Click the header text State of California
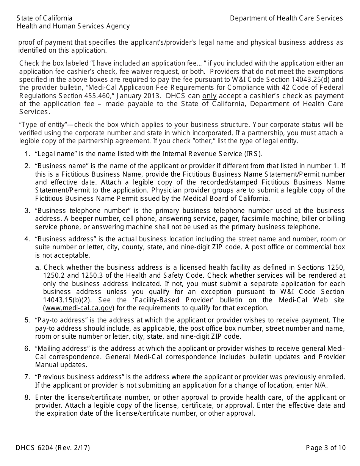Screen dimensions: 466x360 click(x=44, y=18)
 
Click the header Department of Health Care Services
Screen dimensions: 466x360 click(x=286, y=18)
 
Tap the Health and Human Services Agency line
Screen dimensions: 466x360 click(x=73, y=26)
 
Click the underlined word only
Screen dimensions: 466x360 click(x=209, y=96)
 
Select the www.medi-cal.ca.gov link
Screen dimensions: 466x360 click(x=79, y=308)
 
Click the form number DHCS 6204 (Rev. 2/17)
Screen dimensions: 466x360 click(x=53, y=448)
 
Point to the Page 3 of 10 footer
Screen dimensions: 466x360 click(x=326, y=448)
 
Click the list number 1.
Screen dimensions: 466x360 click(x=27, y=154)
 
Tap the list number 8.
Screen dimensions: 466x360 click(x=27, y=397)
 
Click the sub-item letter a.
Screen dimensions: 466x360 click(x=38, y=267)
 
